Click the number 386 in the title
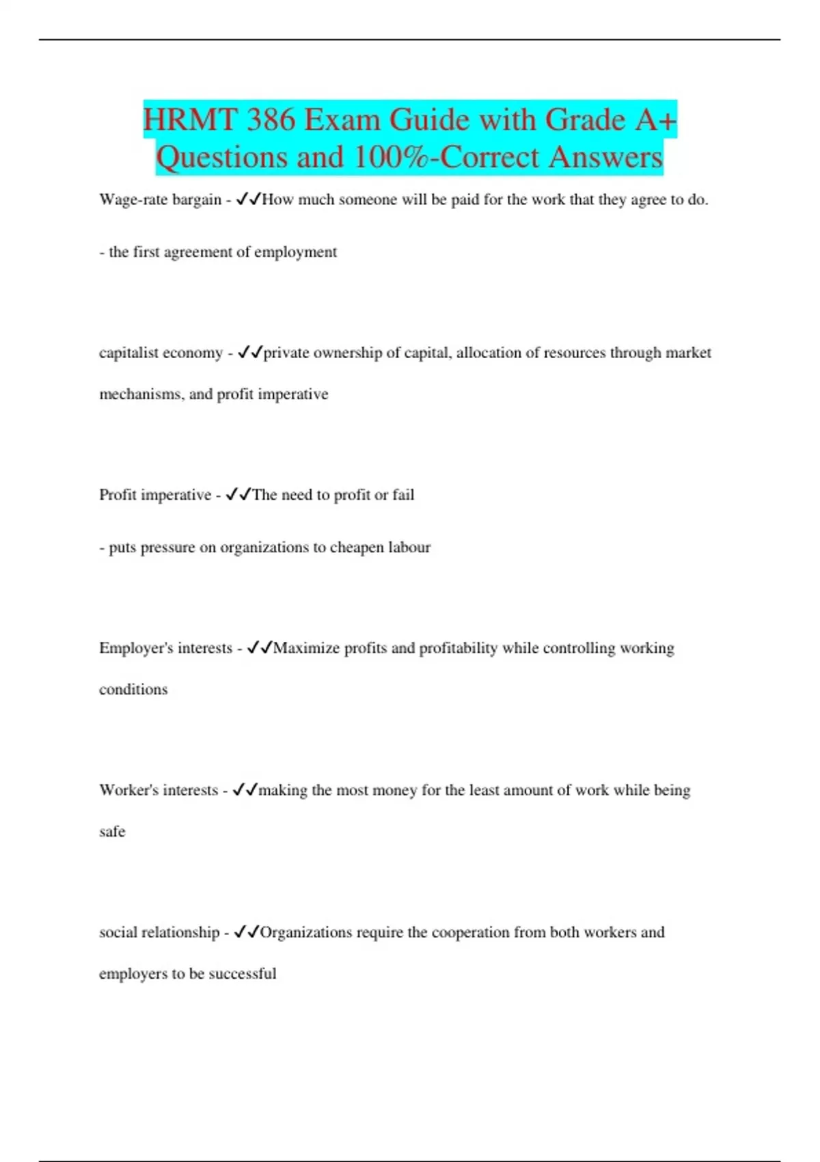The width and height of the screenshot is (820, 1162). [271, 120]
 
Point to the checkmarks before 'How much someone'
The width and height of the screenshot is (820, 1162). [248, 200]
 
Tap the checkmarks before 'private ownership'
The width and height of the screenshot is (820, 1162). [250, 353]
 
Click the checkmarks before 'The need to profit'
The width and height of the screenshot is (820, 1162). [238, 495]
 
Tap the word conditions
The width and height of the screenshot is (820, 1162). [133, 690]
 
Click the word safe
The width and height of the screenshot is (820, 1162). [112, 832]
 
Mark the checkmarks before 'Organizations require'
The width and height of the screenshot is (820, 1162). [247, 932]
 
